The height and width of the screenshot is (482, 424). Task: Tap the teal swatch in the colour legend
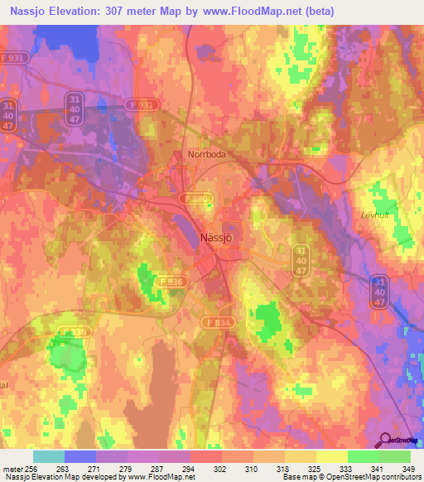coord(49,456)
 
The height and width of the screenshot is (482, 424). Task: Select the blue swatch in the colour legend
coord(80,456)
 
